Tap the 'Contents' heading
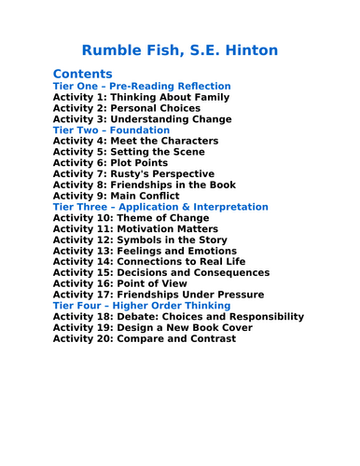click(82, 74)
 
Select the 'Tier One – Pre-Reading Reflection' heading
click(142, 86)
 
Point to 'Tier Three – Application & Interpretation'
click(160, 207)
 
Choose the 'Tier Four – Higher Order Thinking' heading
click(142, 306)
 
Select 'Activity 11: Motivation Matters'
click(136, 228)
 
